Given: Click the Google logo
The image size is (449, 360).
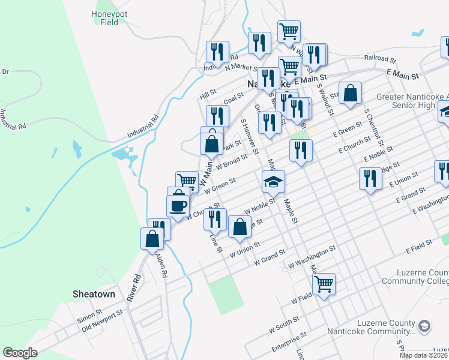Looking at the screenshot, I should click(20, 353).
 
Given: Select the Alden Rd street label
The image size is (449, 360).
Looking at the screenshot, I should click(161, 265).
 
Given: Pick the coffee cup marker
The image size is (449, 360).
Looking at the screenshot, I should click(178, 206).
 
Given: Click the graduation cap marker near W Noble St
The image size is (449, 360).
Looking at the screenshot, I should click(273, 181).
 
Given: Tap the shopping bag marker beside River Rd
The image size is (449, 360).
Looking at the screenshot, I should click(152, 238).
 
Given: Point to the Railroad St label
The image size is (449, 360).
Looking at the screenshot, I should click(381, 60).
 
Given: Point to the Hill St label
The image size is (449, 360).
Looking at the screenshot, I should click(208, 95).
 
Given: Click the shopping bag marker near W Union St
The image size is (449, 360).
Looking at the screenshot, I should click(240, 227).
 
